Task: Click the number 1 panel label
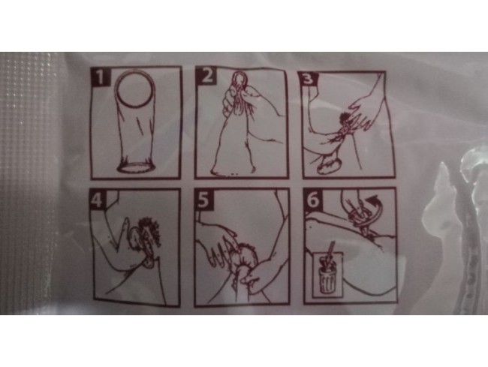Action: [x=101, y=77]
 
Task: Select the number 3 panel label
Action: [x=308, y=79]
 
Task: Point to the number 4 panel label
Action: [x=98, y=200]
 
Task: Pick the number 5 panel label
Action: [x=203, y=200]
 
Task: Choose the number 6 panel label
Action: [x=313, y=200]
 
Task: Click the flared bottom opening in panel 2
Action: [x=233, y=170]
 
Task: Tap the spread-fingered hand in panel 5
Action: [x=219, y=245]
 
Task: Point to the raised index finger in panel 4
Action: [x=122, y=232]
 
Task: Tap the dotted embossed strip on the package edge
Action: [x=29, y=183]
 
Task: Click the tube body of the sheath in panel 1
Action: [x=136, y=134]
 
